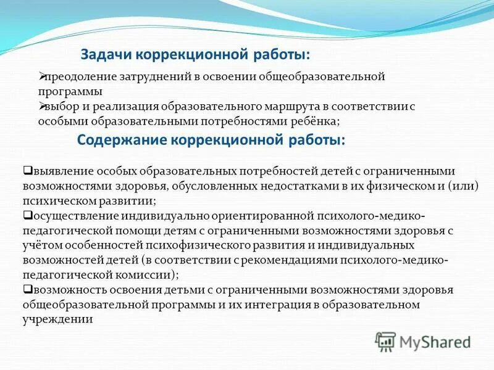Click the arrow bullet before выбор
(x=41, y=105)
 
